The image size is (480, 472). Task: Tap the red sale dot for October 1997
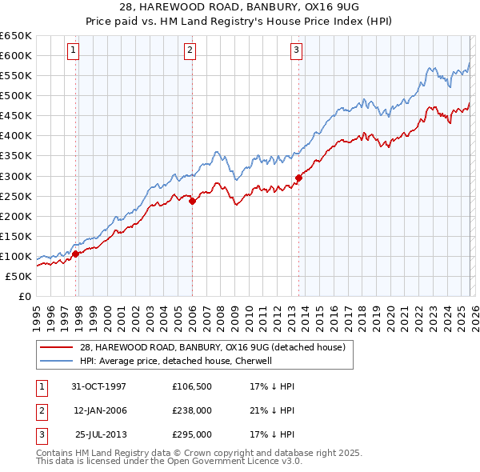pyautogui.click(x=76, y=254)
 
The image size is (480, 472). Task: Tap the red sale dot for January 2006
pyautogui.click(x=192, y=202)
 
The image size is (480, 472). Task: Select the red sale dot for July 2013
pyautogui.click(x=298, y=178)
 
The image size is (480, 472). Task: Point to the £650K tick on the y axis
pyautogui.click(x=16, y=36)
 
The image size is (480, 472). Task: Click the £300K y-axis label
pyautogui.click(x=16, y=176)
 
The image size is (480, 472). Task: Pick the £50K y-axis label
pyautogui.click(x=18, y=276)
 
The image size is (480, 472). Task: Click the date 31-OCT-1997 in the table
pyautogui.click(x=99, y=386)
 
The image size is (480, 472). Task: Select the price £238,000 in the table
pyautogui.click(x=192, y=410)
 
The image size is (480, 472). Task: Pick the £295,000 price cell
pyautogui.click(x=192, y=434)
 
